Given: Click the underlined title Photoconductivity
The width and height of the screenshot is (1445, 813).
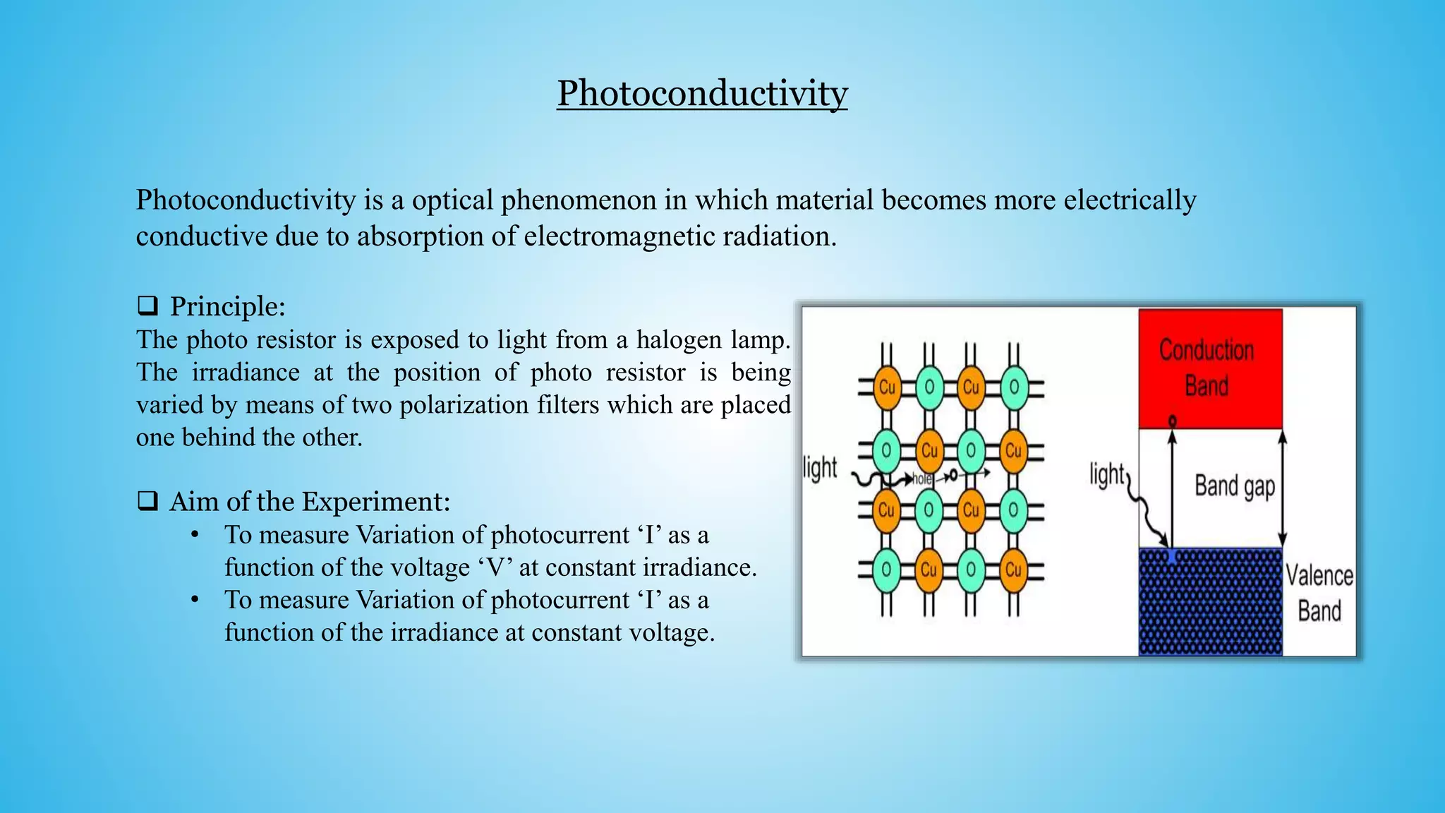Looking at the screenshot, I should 702,93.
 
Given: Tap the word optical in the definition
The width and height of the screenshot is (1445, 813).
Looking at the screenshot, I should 452,200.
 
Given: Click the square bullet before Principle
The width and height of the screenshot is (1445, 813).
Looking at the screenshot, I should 147,306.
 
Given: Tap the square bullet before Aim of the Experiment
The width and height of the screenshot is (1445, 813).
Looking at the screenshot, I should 147,501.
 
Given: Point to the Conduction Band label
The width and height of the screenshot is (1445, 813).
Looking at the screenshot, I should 1207,368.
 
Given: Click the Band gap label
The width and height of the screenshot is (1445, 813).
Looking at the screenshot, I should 1234,486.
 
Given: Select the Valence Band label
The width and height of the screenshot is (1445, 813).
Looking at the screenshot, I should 1319,593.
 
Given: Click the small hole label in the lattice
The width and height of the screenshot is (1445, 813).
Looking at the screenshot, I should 922,479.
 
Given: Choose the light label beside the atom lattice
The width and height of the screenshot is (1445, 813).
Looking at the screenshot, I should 820,468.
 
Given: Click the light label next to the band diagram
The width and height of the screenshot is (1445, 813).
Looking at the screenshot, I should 1106,474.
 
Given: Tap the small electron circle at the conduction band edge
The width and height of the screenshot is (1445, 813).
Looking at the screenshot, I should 1172,421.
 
